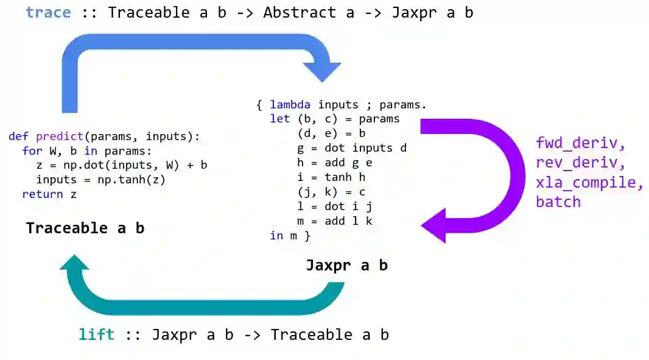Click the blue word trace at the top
point(48,12)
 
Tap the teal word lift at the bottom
point(96,334)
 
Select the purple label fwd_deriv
point(580,144)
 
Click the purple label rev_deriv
point(580,163)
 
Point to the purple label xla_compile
point(589,183)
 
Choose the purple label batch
point(558,202)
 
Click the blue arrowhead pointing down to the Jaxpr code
point(321,70)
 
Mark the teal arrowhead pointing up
point(74,263)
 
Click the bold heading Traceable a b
point(85,228)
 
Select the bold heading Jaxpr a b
point(346,266)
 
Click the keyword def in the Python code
point(19,136)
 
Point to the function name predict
point(59,136)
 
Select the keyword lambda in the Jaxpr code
point(290,105)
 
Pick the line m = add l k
point(334,221)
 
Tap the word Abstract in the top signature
point(300,12)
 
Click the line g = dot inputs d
point(351,148)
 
